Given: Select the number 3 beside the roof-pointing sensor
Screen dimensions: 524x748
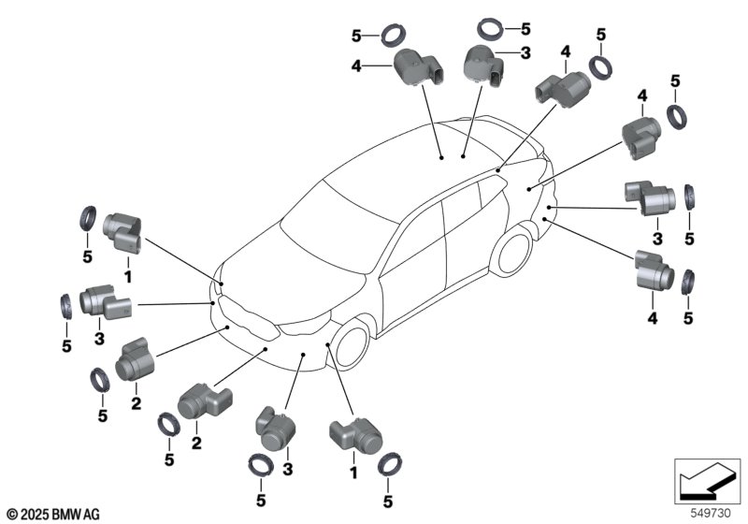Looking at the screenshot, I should (525, 53).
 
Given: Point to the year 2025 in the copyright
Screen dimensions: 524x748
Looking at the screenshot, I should (36, 514).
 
